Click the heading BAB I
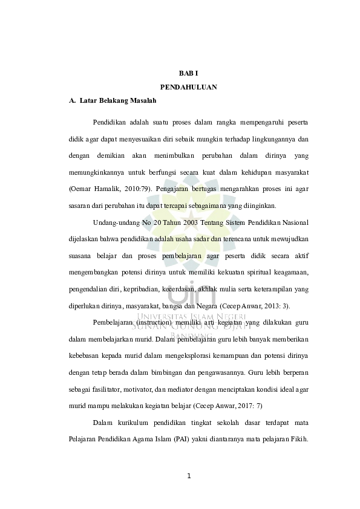point(189,73)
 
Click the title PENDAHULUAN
point(189,87)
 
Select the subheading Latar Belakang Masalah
point(118,100)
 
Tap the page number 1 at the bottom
point(189,475)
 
